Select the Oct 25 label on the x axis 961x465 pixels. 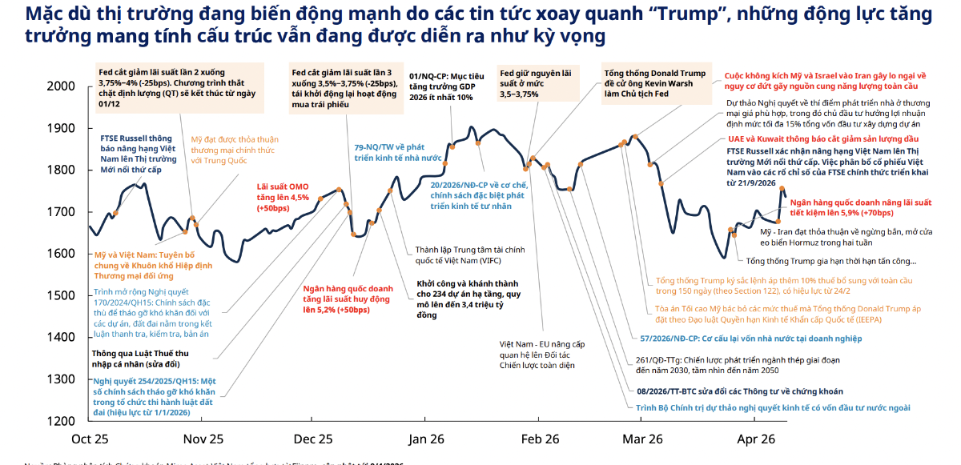click(x=90, y=439)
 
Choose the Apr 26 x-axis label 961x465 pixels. click(x=755, y=439)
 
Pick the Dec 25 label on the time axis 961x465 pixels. click(x=313, y=439)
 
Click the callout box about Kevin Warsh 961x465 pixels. click(x=655, y=82)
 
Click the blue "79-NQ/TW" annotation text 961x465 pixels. click(x=398, y=152)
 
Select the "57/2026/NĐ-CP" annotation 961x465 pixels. click(x=752, y=339)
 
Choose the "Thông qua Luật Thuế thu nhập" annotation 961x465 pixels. click(x=141, y=359)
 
